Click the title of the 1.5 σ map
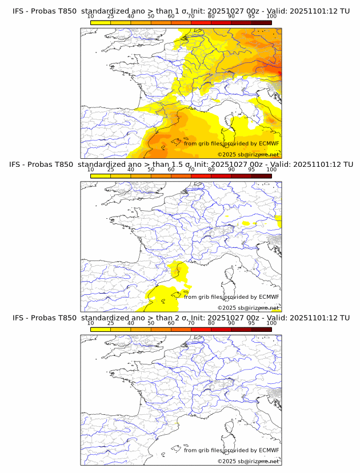181,165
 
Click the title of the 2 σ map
181,318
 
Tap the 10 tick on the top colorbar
91,15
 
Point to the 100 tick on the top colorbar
271,15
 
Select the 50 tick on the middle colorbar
151,169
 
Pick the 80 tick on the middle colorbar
211,169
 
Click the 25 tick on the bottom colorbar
111,323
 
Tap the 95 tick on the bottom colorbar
251,323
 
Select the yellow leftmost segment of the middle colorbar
101,175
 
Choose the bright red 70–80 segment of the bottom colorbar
201,329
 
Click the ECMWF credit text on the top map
231,143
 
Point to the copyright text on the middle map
248,308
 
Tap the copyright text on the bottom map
248,462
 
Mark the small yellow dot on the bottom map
178,423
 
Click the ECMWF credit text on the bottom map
231,451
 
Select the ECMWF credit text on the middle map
231,297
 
